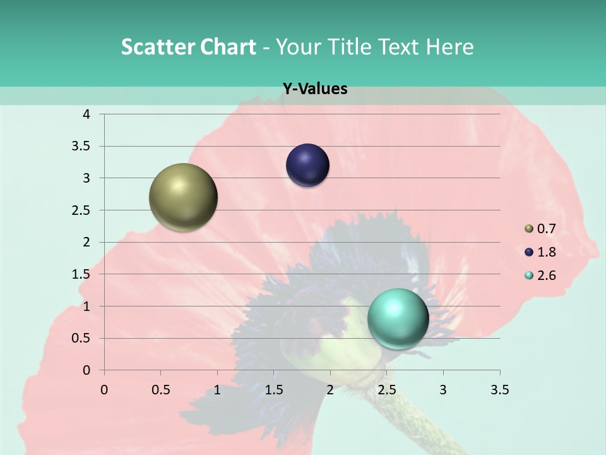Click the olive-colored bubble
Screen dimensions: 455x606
[x=183, y=197]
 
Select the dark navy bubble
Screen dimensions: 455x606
[x=307, y=166]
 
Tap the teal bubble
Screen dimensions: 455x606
[x=398, y=318]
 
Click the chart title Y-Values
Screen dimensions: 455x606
[x=314, y=88]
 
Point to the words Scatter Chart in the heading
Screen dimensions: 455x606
[x=188, y=47]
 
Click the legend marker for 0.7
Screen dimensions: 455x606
[x=529, y=229]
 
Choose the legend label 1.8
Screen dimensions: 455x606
[x=547, y=252]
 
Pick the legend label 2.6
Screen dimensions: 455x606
[x=547, y=276]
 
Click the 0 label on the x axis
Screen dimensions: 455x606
[x=104, y=390]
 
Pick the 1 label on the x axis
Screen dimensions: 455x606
[x=217, y=390]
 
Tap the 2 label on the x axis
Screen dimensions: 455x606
[x=330, y=390]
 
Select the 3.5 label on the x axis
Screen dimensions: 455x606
[x=500, y=390]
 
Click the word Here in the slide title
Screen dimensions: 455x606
[x=449, y=47]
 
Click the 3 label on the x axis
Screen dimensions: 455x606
[x=443, y=390]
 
